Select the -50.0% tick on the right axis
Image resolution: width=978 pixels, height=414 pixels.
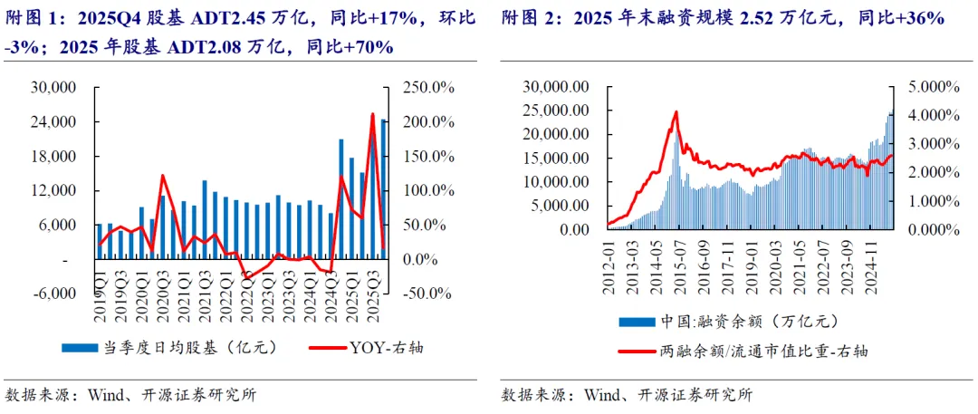click(x=424, y=294)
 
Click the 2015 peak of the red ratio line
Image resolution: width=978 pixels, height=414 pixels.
click(x=676, y=112)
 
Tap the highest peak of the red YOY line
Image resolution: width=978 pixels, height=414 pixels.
click(x=372, y=114)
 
